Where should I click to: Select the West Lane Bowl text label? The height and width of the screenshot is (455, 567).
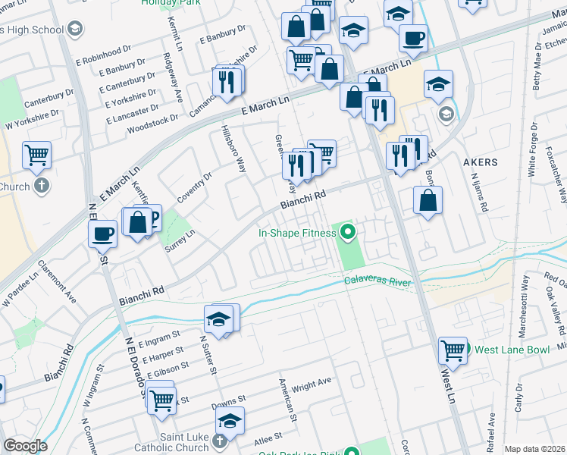[508, 350]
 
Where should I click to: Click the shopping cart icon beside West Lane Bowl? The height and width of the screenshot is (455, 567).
[453, 350]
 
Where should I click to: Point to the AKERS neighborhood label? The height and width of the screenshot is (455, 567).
[481, 162]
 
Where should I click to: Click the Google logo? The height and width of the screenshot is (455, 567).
[25, 446]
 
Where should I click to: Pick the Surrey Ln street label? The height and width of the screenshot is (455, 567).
[180, 243]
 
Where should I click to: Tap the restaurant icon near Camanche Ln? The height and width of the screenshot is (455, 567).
[227, 81]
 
